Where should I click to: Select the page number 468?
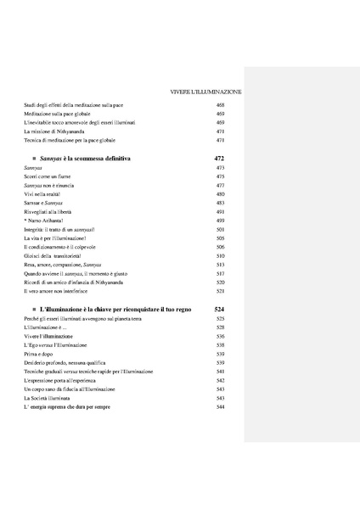(220, 104)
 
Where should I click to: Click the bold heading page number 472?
(219, 159)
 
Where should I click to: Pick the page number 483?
(220, 203)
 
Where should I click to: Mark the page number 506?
(220, 247)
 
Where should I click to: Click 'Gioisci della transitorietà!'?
(57, 255)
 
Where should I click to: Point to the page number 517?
(220, 274)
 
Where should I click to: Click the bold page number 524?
(219, 310)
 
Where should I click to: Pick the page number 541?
(220, 372)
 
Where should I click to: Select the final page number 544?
(220, 408)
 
